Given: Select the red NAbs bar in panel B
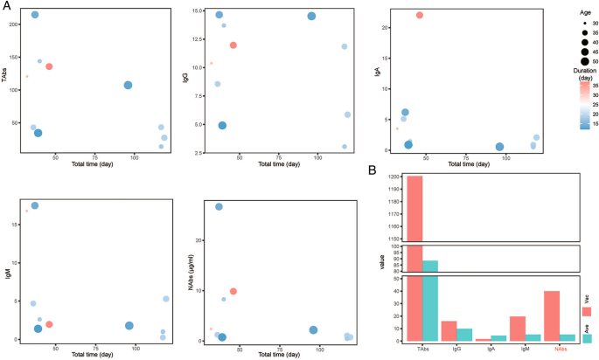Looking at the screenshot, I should click(552, 315).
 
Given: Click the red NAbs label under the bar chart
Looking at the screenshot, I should click(560, 349).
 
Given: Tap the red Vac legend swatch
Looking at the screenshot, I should click(586, 311).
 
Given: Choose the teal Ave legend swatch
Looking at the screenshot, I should click(586, 338).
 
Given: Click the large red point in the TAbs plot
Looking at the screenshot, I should click(50, 66).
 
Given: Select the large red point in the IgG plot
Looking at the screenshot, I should click(233, 45).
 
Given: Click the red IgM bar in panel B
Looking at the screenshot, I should click(518, 329).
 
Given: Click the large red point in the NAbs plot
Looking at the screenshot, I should click(233, 291).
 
